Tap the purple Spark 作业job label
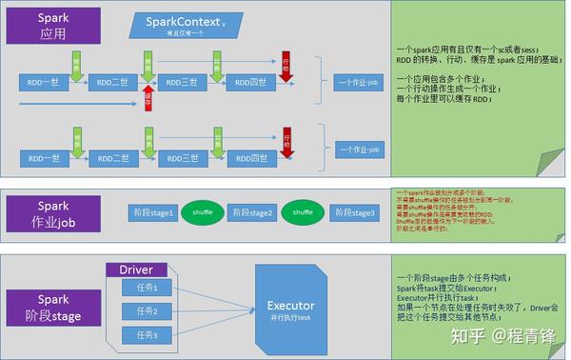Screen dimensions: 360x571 (x=53, y=211)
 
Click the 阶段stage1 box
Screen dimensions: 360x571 (x=152, y=212)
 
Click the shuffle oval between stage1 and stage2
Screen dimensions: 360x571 (x=203, y=212)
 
